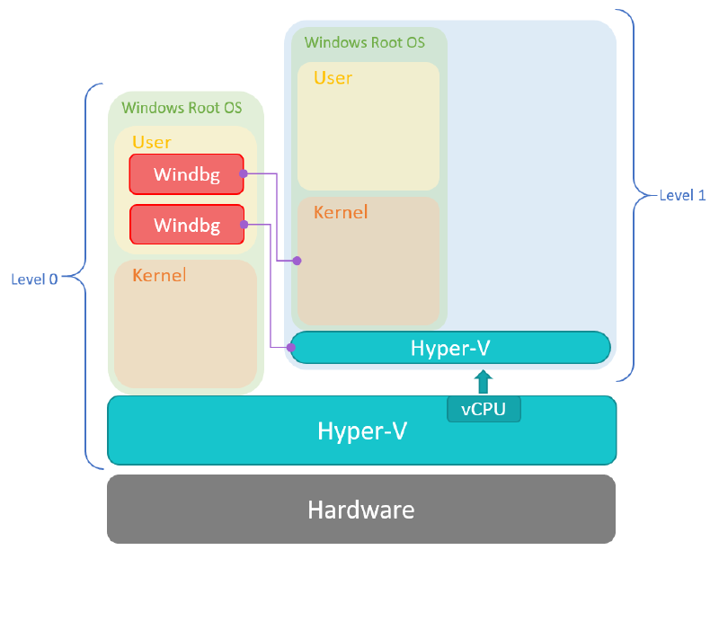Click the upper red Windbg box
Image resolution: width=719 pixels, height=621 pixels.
[x=186, y=174]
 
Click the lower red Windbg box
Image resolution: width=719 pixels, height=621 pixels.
[x=186, y=225]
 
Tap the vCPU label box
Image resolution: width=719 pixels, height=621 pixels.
[x=484, y=409]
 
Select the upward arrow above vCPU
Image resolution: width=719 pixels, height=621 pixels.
[x=484, y=381]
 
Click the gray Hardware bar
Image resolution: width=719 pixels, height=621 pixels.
[x=361, y=510]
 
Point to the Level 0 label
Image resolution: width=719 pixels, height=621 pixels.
[x=34, y=279]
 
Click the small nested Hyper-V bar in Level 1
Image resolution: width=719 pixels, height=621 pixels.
[x=450, y=348]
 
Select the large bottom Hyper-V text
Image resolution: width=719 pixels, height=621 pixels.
[x=362, y=430]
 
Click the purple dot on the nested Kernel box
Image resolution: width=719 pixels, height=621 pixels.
[x=297, y=261]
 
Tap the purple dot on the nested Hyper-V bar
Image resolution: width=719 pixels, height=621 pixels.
[x=290, y=346]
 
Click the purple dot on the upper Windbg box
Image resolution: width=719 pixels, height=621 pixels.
[x=244, y=173]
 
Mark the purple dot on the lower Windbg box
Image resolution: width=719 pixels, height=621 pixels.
[x=244, y=224]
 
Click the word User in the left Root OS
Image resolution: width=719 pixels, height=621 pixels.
[x=151, y=142]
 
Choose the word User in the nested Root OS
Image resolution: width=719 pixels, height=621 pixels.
[x=333, y=78]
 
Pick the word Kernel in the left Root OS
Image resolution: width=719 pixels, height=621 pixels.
[x=159, y=275]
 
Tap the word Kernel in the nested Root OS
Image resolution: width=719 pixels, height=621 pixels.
[x=341, y=213]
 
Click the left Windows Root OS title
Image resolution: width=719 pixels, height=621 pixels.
[x=182, y=108]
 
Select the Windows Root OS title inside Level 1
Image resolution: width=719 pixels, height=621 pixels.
[x=364, y=42]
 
